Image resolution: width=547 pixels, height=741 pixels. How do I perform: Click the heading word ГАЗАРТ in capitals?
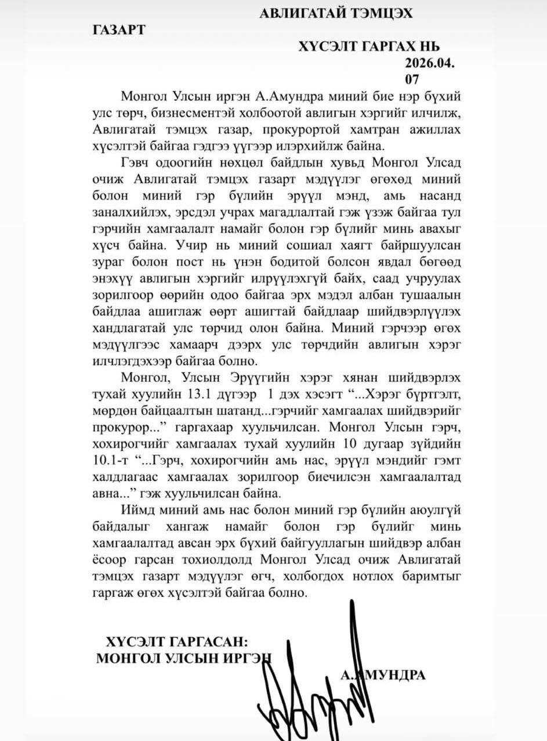tap(118, 31)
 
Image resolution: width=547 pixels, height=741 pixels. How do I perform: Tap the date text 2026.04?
tap(430, 63)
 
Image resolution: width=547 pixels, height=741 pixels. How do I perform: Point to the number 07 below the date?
tap(412, 78)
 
